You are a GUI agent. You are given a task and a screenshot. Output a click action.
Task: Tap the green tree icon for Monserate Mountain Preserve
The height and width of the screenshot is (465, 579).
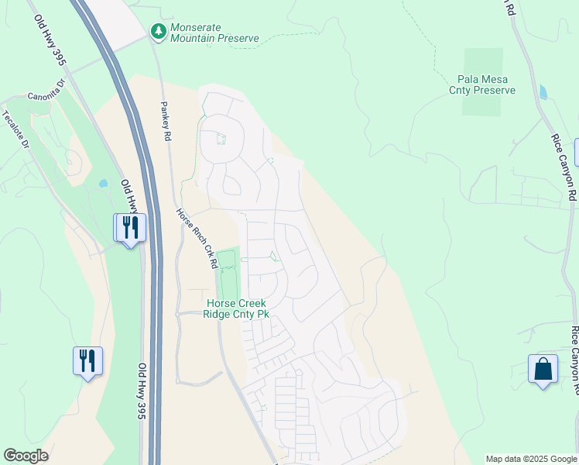coord(158,31)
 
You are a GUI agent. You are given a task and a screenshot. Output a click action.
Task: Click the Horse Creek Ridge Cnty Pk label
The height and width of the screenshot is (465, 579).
coord(235,308)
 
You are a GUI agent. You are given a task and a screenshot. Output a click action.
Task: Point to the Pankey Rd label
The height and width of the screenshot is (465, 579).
coord(166,120)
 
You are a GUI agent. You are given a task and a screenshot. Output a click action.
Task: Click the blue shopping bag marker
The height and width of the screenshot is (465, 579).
coord(543,369)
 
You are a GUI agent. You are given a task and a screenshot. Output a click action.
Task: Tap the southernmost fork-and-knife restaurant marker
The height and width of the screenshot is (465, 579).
coord(87,361)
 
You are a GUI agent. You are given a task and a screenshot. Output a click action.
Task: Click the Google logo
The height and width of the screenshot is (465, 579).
coord(26,456)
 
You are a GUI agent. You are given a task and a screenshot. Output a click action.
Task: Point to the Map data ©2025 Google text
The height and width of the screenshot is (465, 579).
coord(531,459)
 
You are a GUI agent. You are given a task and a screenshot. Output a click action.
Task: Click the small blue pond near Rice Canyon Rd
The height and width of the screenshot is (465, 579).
coord(542,92)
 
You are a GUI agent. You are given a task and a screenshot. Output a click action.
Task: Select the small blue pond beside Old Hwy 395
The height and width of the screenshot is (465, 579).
coord(104,184)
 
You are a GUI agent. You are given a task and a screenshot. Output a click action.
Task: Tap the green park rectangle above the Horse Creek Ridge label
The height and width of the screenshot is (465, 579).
coord(226,271)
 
